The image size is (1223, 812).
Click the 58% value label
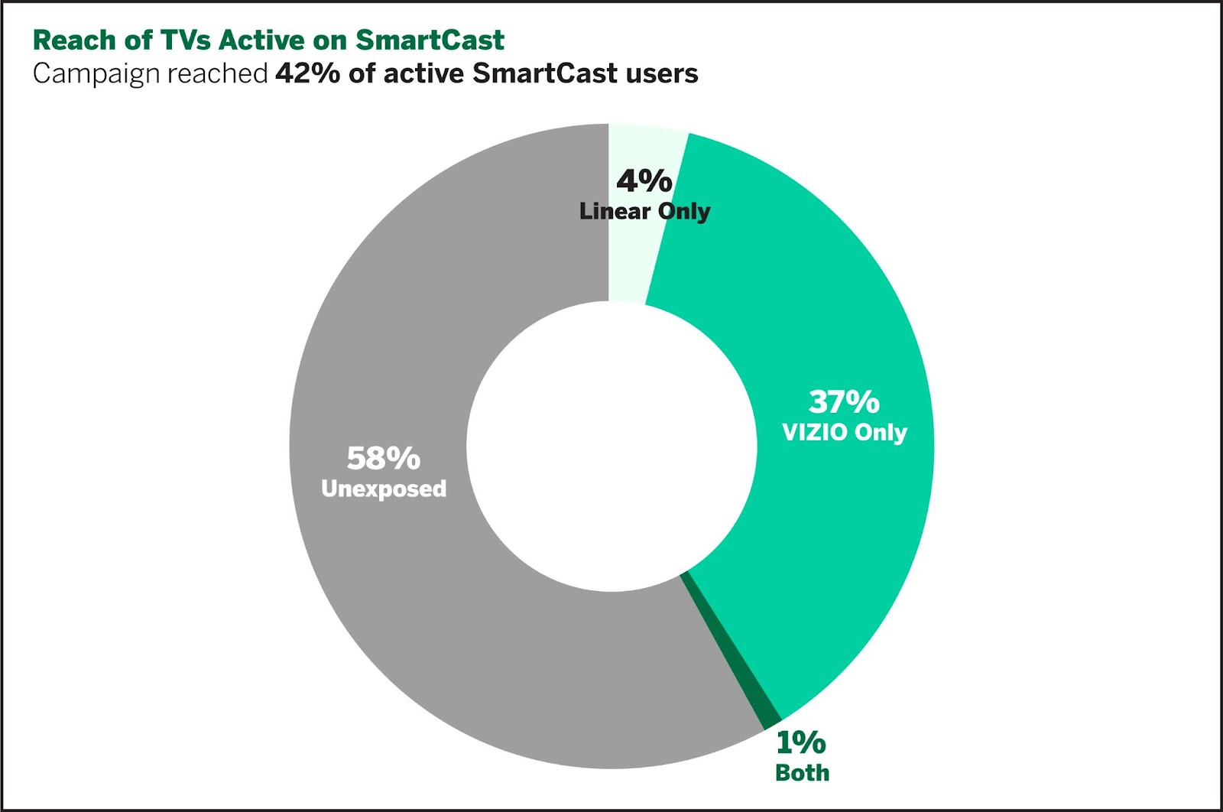(383, 458)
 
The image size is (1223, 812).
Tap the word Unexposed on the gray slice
(384, 489)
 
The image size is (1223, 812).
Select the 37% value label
(844, 401)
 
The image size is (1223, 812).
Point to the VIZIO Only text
(844, 432)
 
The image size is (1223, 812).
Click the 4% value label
(644, 181)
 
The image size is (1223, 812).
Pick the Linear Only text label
(644, 211)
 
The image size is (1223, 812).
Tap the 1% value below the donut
(801, 742)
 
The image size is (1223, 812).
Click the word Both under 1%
(802, 772)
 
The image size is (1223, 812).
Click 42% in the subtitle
(307, 73)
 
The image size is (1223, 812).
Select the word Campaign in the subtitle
(96, 73)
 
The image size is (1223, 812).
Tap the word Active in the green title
(262, 40)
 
